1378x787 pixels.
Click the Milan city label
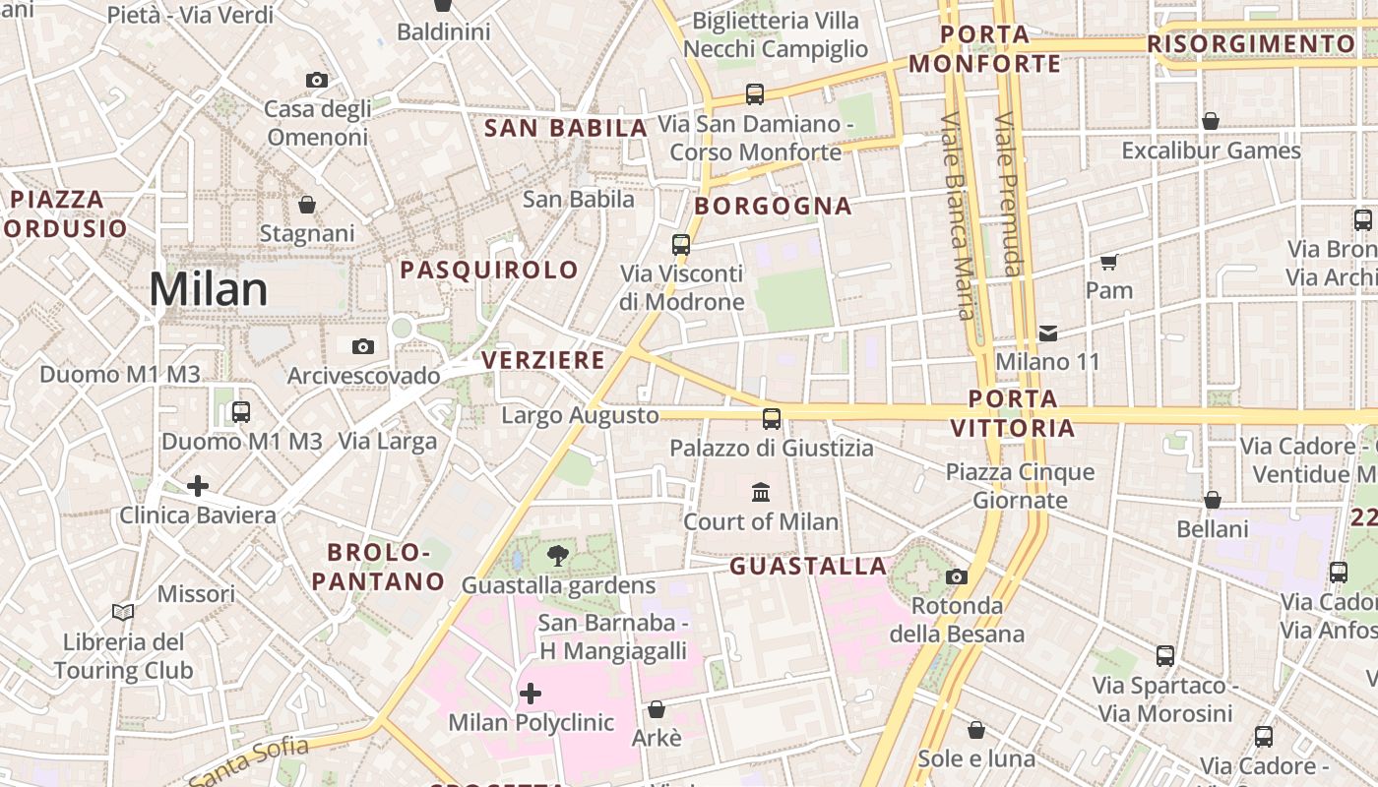tap(208, 289)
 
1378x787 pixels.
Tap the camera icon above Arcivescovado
tap(363, 346)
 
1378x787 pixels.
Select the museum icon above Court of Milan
tap(761, 492)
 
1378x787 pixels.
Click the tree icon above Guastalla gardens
tap(557, 556)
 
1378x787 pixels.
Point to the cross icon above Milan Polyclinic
tap(531, 694)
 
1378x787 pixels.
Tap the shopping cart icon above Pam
tap(1109, 262)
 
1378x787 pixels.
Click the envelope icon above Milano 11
tap(1048, 333)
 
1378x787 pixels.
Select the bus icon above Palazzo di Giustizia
tap(772, 419)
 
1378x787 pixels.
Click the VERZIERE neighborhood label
tap(543, 360)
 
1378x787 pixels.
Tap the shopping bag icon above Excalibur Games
tap(1211, 121)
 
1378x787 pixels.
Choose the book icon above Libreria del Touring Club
tap(123, 613)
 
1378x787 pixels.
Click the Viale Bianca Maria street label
tap(957, 216)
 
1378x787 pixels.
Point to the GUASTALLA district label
tap(808, 566)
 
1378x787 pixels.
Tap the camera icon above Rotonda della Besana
tap(957, 576)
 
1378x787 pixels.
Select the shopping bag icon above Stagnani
tap(307, 205)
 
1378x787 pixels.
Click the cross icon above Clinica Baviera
tap(198, 486)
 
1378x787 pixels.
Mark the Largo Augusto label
tap(580, 415)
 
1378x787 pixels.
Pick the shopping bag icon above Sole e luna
tap(976, 730)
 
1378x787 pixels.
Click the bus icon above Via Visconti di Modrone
tap(681, 245)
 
